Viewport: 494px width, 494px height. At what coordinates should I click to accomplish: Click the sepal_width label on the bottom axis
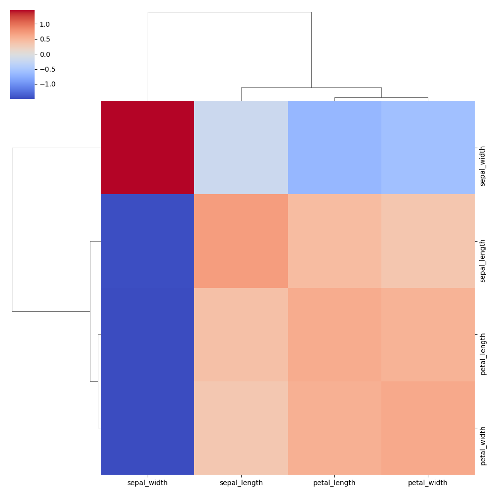[x=147, y=483]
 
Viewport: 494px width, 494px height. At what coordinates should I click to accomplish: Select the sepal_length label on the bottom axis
[x=241, y=483]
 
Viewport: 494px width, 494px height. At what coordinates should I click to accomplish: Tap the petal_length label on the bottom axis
[x=334, y=483]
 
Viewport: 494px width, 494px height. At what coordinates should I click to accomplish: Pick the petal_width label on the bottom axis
[x=428, y=483]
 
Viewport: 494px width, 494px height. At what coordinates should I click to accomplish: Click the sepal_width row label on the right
[x=483, y=166]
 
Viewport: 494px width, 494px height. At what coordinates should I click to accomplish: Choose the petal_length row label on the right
[x=483, y=354]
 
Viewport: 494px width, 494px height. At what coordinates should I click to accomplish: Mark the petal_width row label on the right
[x=483, y=446]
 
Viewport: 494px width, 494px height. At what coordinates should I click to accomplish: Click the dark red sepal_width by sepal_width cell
[x=147, y=147]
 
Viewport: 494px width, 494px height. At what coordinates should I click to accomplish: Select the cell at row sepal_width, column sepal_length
[x=241, y=147]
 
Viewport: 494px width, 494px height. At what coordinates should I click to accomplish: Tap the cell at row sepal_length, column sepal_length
[x=241, y=241]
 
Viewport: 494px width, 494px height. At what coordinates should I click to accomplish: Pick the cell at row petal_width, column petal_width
[x=428, y=428]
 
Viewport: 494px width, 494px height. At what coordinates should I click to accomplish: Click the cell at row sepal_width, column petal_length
[x=334, y=147]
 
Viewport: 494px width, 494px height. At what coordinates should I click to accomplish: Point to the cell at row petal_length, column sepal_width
[x=147, y=334]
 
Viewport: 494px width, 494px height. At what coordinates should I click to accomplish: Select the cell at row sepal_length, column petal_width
[x=428, y=241]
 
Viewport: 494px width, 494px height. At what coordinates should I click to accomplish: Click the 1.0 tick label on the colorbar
[x=45, y=24]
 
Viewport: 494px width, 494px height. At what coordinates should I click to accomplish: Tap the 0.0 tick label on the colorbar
[x=45, y=54]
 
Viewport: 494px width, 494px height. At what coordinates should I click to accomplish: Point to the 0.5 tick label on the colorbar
[x=45, y=39]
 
